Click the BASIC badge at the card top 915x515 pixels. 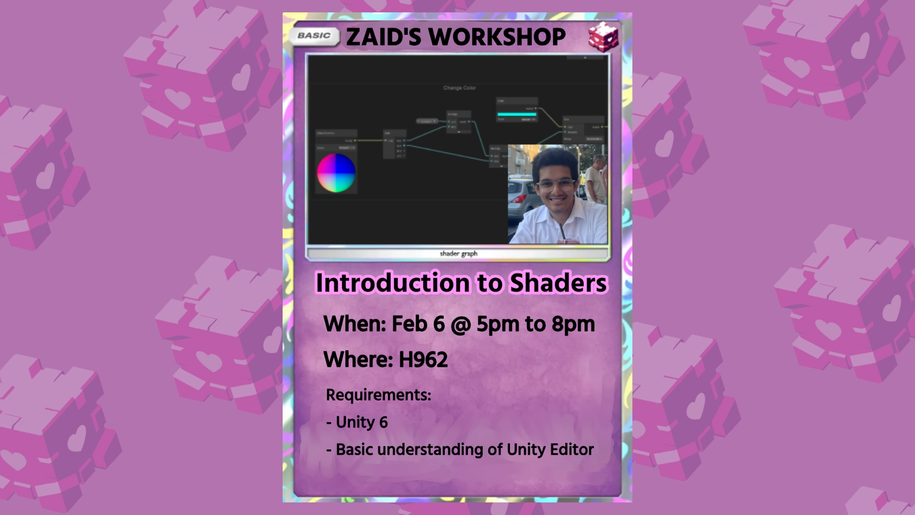(x=314, y=36)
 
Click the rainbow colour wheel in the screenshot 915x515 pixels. (x=336, y=173)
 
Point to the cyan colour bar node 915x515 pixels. (x=517, y=114)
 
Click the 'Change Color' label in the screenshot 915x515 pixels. (x=459, y=88)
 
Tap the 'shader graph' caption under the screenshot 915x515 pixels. (x=458, y=254)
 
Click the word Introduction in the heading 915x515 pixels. (x=393, y=283)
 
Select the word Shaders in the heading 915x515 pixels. (x=559, y=283)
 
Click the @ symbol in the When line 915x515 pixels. (x=460, y=324)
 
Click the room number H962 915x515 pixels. (x=423, y=360)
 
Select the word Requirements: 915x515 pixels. (x=378, y=395)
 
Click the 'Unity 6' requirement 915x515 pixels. (x=361, y=422)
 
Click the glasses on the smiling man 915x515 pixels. (x=556, y=184)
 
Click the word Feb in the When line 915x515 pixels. (x=409, y=324)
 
